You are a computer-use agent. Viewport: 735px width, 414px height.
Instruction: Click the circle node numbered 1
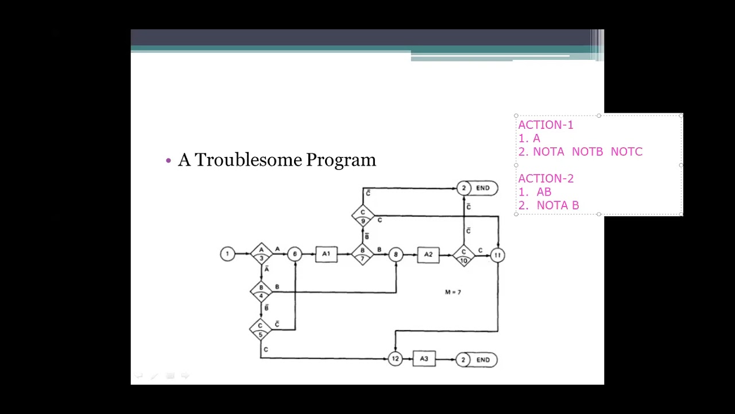tap(227, 254)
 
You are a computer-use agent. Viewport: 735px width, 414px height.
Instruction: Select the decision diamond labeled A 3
tap(261, 254)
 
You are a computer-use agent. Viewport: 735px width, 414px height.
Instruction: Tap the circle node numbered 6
tap(295, 254)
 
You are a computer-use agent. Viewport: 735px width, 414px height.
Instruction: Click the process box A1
tap(326, 254)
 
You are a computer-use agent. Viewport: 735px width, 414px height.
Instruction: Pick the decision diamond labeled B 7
tap(362, 254)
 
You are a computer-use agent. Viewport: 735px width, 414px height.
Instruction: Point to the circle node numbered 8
tap(396, 255)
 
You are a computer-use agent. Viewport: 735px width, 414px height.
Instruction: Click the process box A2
tap(428, 255)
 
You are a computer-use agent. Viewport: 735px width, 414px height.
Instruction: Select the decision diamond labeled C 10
tap(463, 255)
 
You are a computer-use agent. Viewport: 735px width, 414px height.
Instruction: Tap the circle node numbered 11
tap(497, 255)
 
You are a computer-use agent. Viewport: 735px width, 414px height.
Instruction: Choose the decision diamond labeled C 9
tap(362, 216)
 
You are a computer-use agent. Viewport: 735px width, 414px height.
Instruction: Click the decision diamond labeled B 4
tap(261, 292)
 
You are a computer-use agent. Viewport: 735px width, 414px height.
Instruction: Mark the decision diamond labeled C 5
tap(260, 329)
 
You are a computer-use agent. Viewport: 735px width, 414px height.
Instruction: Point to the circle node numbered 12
tap(395, 359)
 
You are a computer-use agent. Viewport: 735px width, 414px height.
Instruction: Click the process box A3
tap(424, 359)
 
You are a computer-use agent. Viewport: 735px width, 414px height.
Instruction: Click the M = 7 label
tap(453, 292)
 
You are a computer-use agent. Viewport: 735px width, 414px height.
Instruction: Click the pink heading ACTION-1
tap(546, 125)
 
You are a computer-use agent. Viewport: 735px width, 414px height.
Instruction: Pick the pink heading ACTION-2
tap(546, 178)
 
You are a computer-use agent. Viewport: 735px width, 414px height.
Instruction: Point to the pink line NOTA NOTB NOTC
tap(587, 152)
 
